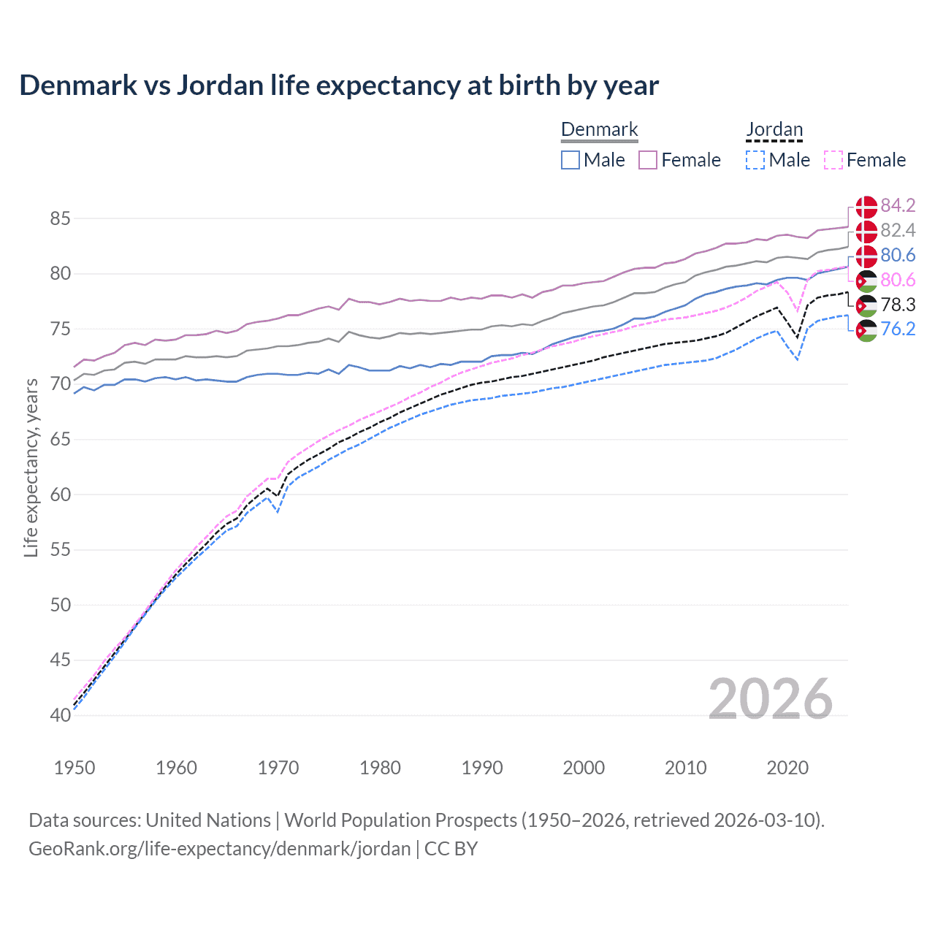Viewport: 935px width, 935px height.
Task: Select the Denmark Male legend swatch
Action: coord(570,160)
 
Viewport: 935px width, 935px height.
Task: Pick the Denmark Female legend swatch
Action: coord(648,160)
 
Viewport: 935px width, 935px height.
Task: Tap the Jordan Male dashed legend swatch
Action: coord(755,160)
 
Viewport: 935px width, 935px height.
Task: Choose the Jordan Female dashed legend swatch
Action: coord(833,160)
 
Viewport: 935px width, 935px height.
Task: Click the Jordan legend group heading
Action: coord(774,130)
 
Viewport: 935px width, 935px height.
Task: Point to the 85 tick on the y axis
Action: coord(61,218)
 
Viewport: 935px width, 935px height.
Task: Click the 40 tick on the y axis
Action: coord(61,715)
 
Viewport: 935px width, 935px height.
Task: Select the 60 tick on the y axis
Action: coord(61,495)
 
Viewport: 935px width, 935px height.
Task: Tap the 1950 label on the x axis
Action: coord(75,768)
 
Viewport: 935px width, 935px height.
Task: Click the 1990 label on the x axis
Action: coord(482,768)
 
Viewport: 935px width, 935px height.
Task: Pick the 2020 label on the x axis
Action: coord(787,768)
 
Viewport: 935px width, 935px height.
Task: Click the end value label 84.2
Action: coord(898,205)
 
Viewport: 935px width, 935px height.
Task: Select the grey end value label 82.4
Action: coord(898,230)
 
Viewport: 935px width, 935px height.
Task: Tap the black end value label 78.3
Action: coord(898,305)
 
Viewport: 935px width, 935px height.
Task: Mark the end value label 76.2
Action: coord(898,329)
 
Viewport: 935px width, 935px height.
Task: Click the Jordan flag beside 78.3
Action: coord(866,305)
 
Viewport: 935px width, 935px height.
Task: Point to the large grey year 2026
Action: coord(771,699)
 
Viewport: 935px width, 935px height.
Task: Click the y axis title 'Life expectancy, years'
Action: coord(31,467)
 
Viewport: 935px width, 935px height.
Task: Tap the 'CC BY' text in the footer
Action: coord(451,849)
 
